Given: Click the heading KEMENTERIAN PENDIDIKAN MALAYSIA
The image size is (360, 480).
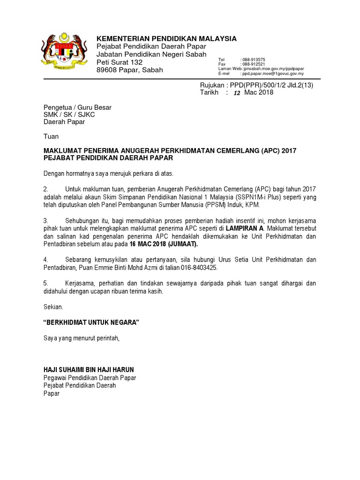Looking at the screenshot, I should [x=166, y=38].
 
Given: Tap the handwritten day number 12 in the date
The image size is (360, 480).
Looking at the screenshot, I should [x=237, y=93].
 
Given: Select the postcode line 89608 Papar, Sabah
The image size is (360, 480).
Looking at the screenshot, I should [x=130, y=70].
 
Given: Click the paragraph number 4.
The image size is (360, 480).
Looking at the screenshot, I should [x=46, y=259].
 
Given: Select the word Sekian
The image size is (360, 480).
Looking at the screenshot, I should [x=52, y=307].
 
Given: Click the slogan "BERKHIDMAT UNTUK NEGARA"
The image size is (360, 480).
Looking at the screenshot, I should [x=91, y=323].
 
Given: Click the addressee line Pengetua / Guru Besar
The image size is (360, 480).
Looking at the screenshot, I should [x=77, y=107].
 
